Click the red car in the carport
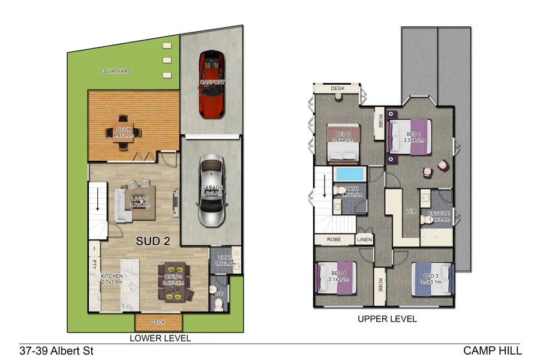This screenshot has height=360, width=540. (211, 83)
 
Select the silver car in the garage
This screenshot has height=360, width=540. (211, 191)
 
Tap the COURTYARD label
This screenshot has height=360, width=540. (116, 71)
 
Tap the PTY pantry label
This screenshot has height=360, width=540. (94, 262)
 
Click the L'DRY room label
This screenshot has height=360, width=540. (226, 259)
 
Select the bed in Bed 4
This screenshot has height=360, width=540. (335, 277)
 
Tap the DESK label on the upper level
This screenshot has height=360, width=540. (338, 89)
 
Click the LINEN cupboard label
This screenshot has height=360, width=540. (364, 239)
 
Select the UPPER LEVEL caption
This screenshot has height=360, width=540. (387, 319)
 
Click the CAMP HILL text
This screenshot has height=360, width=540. (492, 350)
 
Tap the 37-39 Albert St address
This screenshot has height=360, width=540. (56, 350)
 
